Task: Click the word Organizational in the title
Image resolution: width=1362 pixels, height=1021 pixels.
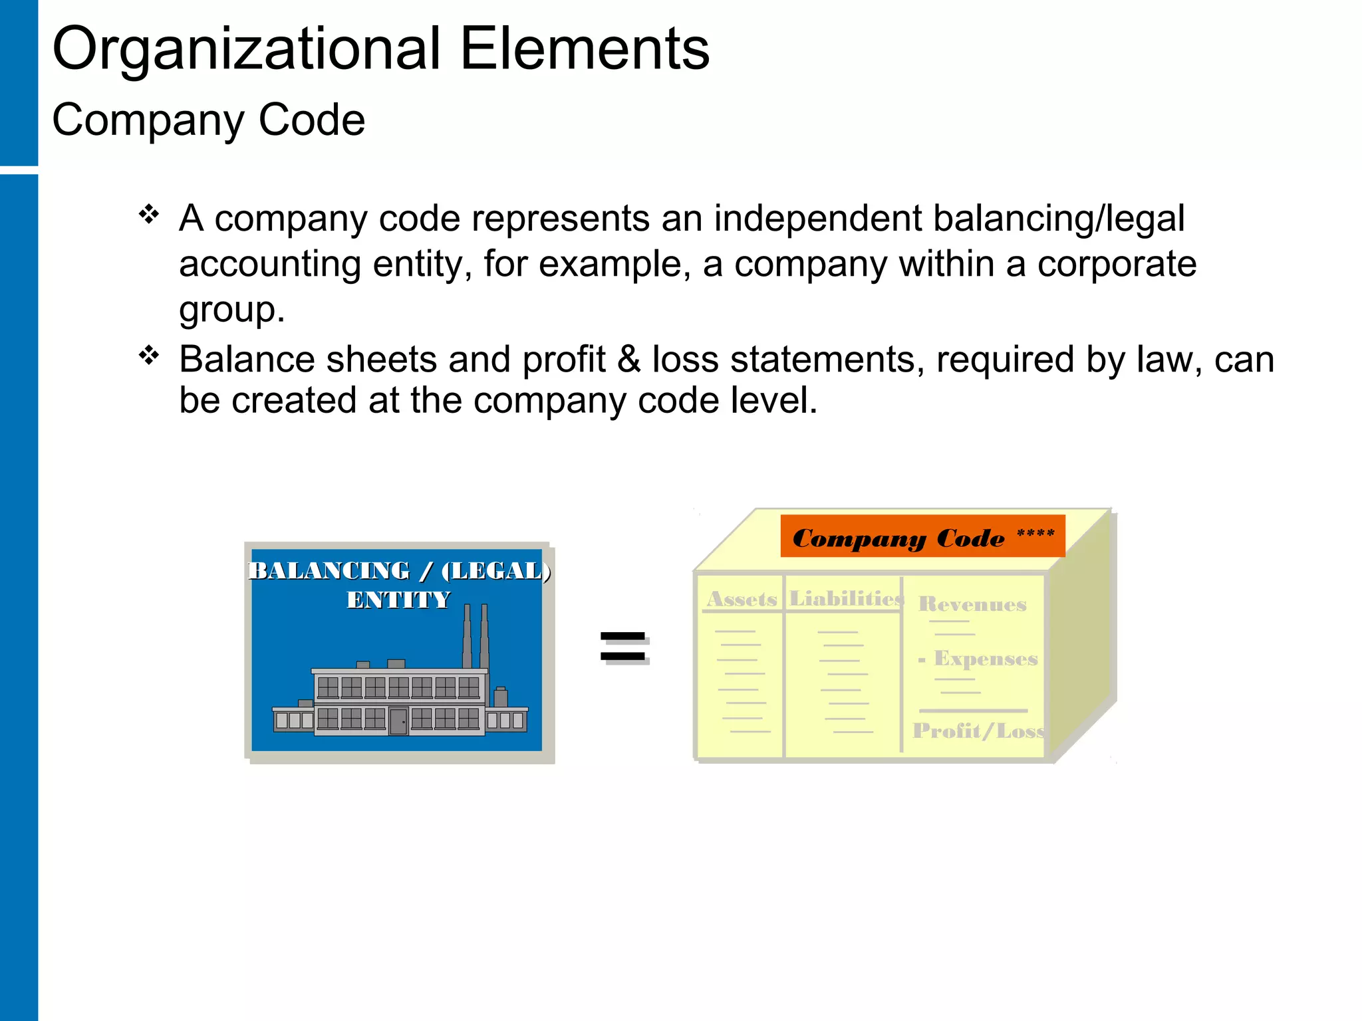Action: click(x=246, y=49)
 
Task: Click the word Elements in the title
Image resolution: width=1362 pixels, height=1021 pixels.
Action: click(x=585, y=49)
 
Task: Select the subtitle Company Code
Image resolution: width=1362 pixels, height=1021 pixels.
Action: click(x=208, y=120)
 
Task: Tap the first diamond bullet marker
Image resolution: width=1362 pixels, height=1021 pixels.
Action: click(x=149, y=214)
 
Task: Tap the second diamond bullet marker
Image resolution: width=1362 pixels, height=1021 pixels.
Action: click(x=149, y=356)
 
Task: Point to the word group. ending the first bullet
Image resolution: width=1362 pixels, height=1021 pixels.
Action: click(x=231, y=310)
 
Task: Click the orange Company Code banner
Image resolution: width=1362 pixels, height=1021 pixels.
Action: click(x=922, y=536)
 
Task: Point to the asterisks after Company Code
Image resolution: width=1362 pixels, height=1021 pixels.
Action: click(x=1035, y=533)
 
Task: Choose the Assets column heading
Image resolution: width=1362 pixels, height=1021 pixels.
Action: click(x=742, y=599)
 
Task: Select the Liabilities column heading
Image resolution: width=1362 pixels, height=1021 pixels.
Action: click(x=845, y=599)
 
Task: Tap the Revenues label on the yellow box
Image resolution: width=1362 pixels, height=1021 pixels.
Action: click(x=972, y=604)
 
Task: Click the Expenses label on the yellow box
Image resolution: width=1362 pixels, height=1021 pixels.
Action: click(x=986, y=659)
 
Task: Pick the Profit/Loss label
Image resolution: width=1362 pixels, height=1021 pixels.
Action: click(x=978, y=731)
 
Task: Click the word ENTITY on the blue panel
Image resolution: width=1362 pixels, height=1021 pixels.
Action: click(x=398, y=600)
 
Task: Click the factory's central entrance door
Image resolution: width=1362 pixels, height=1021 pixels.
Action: click(x=398, y=721)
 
